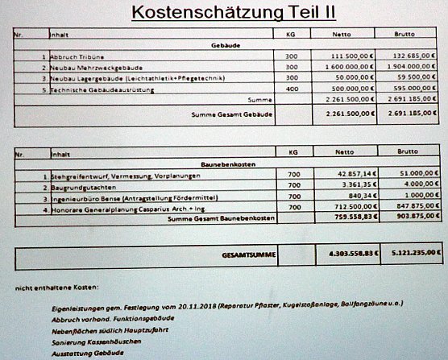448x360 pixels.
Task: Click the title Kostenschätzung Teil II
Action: tap(223, 13)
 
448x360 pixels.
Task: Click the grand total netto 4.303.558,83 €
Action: tap(350, 255)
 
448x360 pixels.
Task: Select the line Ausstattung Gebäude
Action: tap(85, 352)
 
